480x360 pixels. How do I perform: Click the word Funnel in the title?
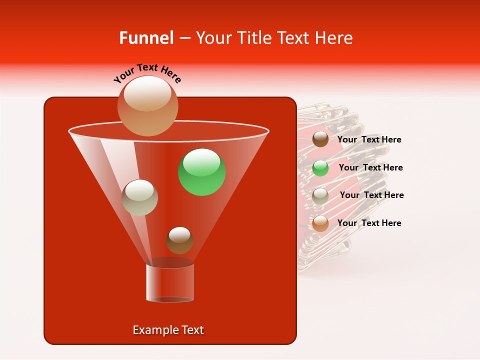[x=146, y=38]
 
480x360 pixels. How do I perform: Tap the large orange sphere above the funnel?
[x=147, y=105]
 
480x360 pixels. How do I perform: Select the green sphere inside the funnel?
[x=202, y=172]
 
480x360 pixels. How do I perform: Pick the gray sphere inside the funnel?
[x=140, y=197]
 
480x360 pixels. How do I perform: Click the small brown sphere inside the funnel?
[x=179, y=240]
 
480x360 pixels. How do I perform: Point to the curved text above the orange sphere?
[x=147, y=73]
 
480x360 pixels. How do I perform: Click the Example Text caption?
[x=168, y=330]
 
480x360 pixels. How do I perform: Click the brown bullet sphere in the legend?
[x=320, y=139]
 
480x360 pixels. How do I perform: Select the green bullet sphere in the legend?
[x=320, y=168]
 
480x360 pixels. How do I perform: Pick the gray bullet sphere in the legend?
[x=320, y=195]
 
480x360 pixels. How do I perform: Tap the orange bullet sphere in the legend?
[x=320, y=223]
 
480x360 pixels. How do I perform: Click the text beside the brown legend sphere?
[x=369, y=139]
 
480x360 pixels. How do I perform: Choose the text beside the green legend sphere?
[x=370, y=167]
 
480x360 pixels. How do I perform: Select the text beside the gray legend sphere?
[x=371, y=195]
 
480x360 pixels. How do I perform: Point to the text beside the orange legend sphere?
[x=369, y=223]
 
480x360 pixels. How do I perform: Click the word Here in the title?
[x=334, y=38]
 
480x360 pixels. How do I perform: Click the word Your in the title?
[x=213, y=38]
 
